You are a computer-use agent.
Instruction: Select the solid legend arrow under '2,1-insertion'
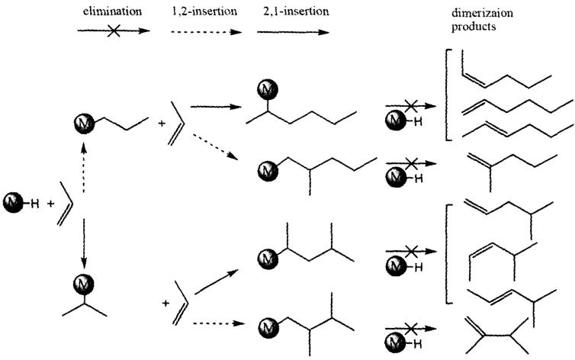293,33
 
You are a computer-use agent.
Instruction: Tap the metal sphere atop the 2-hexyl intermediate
268,92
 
